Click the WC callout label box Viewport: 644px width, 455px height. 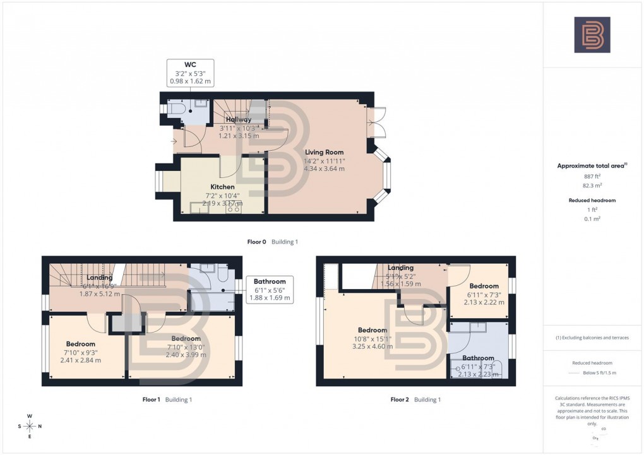pos(190,73)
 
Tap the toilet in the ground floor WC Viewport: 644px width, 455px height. pos(176,110)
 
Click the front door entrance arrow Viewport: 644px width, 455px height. pos(174,141)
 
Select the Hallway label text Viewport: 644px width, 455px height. pos(239,119)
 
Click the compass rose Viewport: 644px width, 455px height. pos(30,426)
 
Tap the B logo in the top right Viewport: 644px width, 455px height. pos(592,35)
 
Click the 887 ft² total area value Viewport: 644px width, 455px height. pos(592,177)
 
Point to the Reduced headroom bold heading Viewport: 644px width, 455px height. pos(592,200)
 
